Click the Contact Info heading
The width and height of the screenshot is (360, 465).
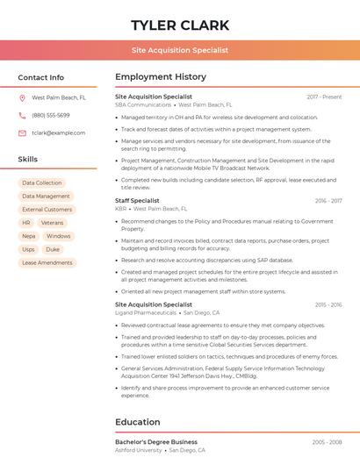point(40,77)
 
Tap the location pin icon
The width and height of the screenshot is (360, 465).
point(23,98)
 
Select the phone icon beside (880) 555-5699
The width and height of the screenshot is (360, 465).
point(23,115)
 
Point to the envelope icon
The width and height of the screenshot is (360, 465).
point(23,132)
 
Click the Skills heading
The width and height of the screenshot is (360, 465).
point(28,160)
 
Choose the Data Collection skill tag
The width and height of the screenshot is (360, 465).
point(42,182)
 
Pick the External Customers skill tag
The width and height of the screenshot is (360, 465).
point(47,210)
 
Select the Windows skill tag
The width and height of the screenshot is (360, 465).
point(59,236)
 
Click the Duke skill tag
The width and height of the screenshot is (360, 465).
point(54,249)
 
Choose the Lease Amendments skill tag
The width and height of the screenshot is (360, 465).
point(47,262)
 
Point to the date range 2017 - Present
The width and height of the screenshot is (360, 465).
point(324,97)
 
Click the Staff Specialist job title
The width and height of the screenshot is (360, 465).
point(137,201)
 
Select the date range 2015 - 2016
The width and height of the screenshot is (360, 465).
point(328,304)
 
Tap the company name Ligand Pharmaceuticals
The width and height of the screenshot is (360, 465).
point(146,312)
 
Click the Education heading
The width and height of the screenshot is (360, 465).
point(138,422)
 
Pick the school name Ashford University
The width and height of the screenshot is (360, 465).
point(139,449)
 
